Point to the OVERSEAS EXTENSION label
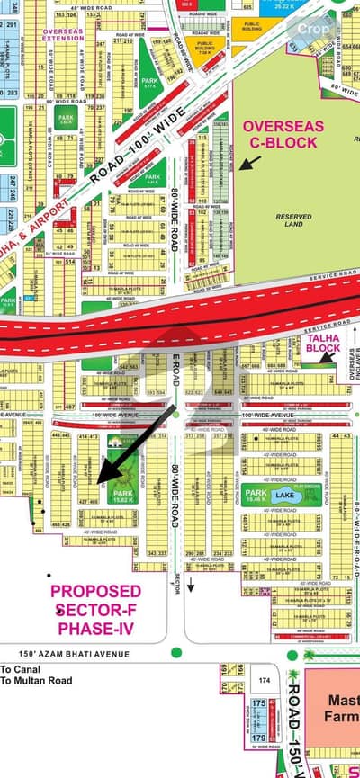(62, 36)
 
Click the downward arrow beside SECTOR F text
(191, 560)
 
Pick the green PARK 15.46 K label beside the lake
(256, 495)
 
